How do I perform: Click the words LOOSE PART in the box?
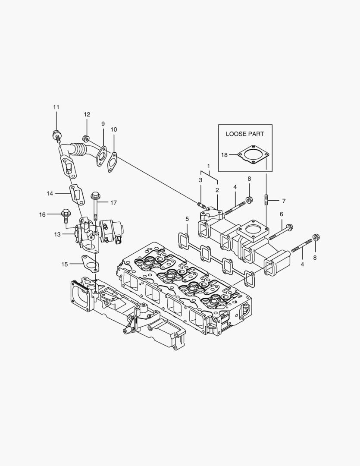tap(245, 134)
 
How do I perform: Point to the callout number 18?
tap(225, 154)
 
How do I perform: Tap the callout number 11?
tap(56, 107)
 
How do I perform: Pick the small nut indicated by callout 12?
tap(86, 139)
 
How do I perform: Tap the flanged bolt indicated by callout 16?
tap(66, 213)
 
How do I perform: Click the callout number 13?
tap(57, 234)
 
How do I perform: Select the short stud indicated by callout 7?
tap(266, 201)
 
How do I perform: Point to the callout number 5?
tap(187, 219)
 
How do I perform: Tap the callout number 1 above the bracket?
tap(208, 166)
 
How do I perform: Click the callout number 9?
tap(103, 124)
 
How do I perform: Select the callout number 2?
tap(217, 190)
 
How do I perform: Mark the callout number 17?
tap(113, 202)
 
